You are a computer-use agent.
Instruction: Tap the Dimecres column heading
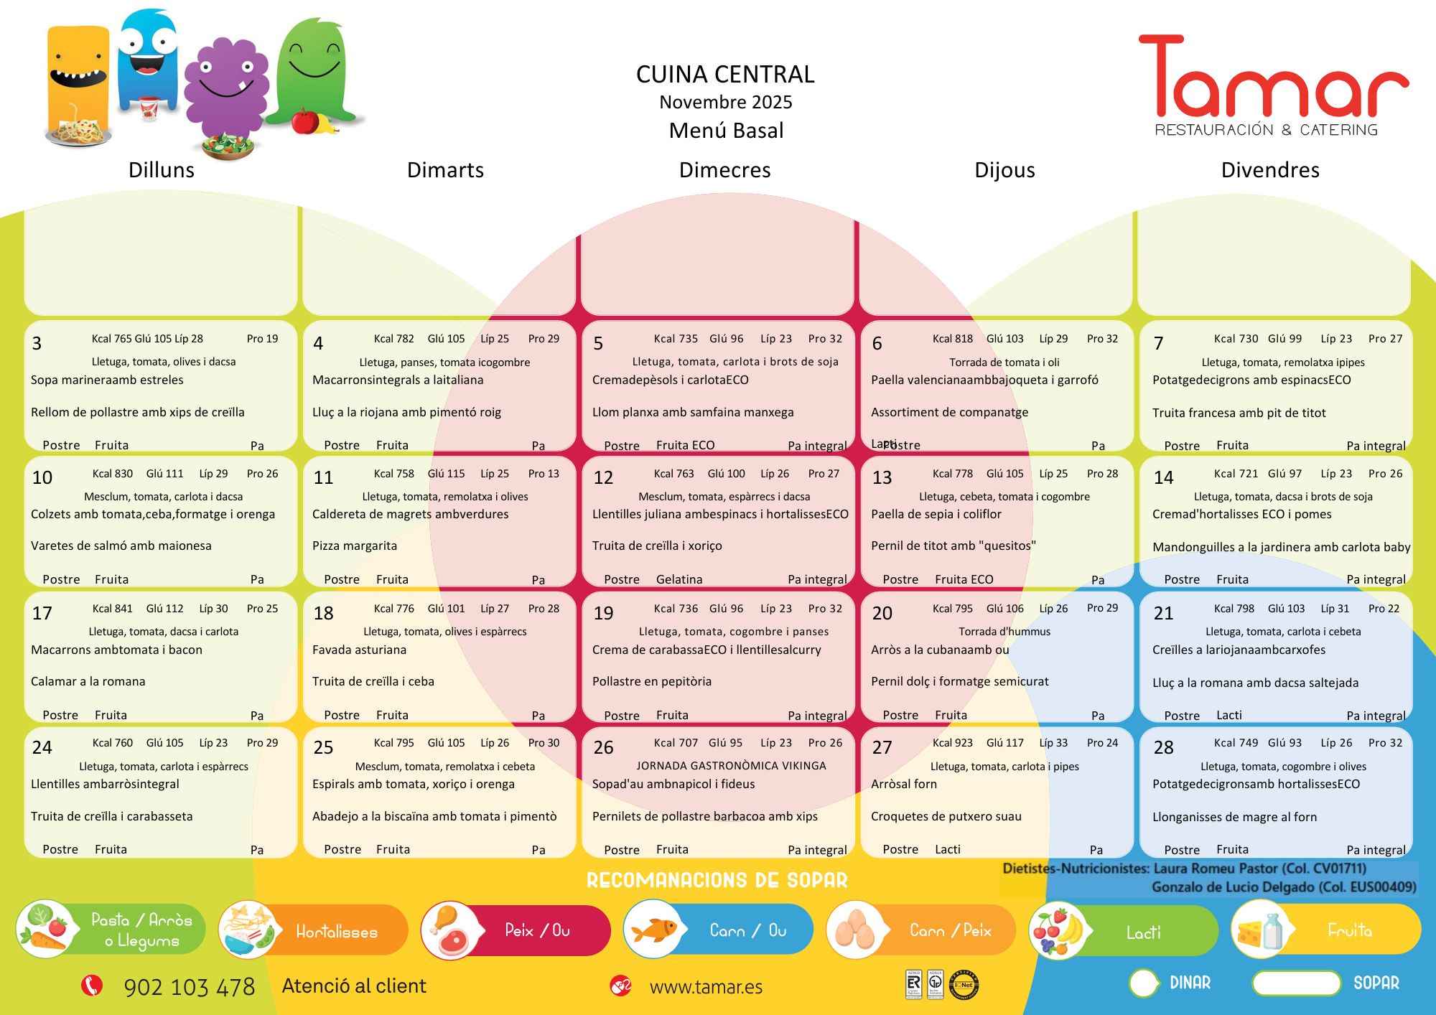(x=724, y=170)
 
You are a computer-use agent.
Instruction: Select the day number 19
(x=603, y=613)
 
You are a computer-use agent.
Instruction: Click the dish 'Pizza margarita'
(x=355, y=546)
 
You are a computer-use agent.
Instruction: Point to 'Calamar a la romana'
(x=88, y=681)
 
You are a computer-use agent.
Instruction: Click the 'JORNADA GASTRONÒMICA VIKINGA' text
(x=731, y=765)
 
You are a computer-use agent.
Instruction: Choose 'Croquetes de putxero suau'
(x=946, y=816)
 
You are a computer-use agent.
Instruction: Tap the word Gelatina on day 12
(x=679, y=579)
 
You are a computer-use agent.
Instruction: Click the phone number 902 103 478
(x=190, y=987)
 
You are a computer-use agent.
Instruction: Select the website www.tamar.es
(x=706, y=988)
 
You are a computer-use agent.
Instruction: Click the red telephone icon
(x=91, y=986)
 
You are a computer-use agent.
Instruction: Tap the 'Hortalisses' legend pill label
(x=337, y=932)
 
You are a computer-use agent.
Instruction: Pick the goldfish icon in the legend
(x=655, y=930)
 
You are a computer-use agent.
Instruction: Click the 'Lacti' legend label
(x=1143, y=932)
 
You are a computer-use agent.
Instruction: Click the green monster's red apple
(x=305, y=121)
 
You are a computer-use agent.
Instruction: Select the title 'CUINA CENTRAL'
(x=725, y=74)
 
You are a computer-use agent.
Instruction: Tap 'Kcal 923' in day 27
(x=952, y=743)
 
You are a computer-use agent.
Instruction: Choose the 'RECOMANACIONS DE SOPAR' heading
(x=717, y=880)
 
